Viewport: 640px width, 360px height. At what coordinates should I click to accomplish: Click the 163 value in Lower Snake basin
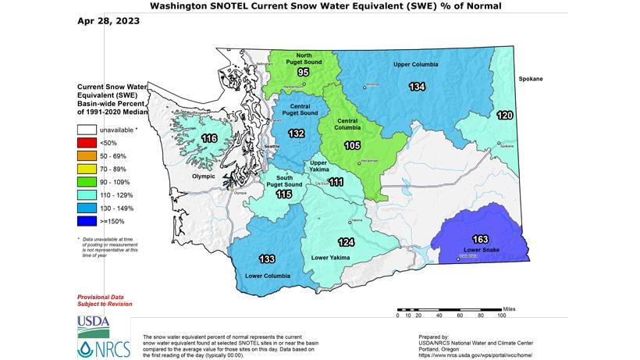481,238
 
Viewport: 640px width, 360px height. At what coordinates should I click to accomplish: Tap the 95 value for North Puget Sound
303,73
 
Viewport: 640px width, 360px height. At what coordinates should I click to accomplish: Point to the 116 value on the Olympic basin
209,139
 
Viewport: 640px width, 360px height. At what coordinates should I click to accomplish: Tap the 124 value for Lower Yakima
347,241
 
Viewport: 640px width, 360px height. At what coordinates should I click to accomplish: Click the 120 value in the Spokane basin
506,116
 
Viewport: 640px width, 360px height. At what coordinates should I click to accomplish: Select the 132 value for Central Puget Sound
296,134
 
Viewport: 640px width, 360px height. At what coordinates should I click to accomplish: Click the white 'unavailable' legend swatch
87,129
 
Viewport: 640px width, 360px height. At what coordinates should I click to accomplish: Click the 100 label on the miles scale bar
501,316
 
